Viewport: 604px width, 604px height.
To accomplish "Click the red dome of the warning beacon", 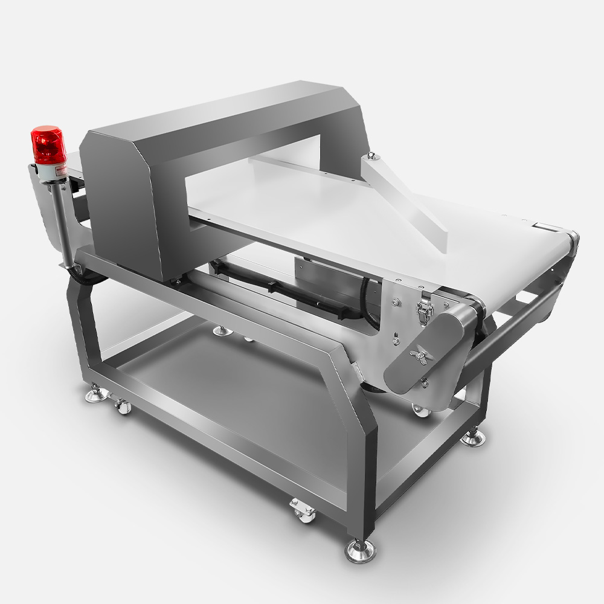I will coord(48,144).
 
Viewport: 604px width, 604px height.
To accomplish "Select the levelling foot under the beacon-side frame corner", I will coord(95,395).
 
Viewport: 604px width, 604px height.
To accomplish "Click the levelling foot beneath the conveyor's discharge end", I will coord(472,437).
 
